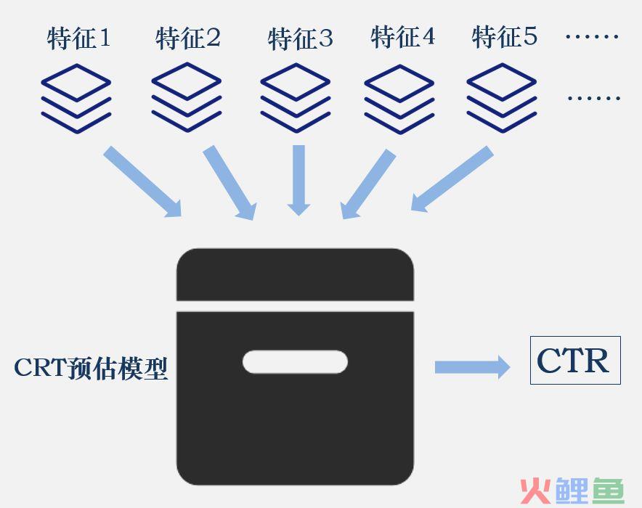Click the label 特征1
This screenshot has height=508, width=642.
tap(78, 38)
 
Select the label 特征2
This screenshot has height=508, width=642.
tap(188, 38)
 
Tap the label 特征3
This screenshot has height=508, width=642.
tap(300, 39)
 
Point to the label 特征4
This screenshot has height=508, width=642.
tap(402, 37)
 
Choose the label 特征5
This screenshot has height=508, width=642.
tap(505, 37)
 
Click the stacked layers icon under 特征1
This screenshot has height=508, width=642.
tap(76, 99)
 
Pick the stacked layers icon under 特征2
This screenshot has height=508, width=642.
tap(187, 97)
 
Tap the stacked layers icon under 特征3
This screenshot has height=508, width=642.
tap(296, 98)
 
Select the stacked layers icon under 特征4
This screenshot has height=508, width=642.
tap(399, 99)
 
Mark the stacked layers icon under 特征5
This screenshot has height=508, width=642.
tap(502, 98)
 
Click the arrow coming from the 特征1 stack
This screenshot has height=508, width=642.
tap(142, 181)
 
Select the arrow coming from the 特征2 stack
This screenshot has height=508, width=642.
tap(229, 183)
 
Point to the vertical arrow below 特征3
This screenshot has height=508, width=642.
tap(299, 181)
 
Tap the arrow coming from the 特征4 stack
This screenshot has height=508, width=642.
tap(368, 184)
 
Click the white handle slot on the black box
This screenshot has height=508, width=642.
tap(295, 362)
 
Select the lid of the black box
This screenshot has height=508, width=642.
tap(295, 274)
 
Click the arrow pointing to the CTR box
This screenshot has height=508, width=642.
tap(473, 367)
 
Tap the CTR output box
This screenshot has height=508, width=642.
tap(575, 361)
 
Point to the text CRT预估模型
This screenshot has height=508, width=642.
tap(91, 368)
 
